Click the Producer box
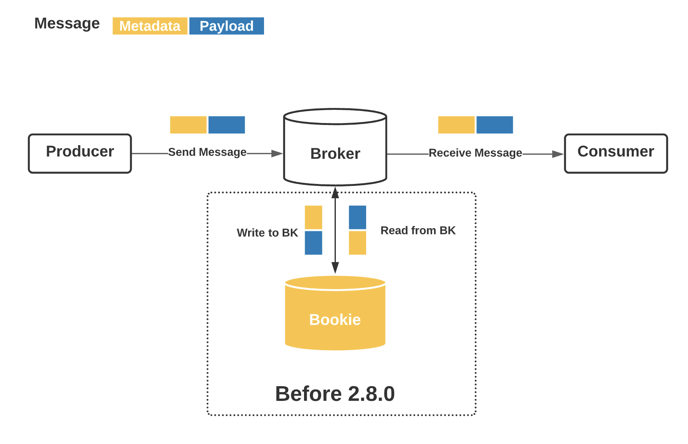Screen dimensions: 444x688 (80, 153)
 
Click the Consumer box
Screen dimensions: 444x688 (615, 153)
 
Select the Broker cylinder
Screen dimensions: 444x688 (335, 153)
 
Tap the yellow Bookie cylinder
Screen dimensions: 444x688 (335, 319)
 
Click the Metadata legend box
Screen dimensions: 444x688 (150, 26)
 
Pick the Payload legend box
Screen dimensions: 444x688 (226, 26)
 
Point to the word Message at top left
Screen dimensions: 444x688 (67, 23)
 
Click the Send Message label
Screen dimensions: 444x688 (207, 152)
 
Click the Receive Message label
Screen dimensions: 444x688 (475, 153)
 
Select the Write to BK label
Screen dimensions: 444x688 (267, 232)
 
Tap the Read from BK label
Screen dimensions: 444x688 (418, 230)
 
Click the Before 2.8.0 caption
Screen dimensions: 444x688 (335, 394)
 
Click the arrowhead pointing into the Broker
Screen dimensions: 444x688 (277, 154)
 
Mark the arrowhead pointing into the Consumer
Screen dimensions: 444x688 (558, 154)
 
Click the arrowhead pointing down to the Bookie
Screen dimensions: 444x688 (335, 268)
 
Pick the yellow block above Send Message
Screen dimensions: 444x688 (188, 125)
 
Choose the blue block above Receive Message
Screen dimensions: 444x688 (494, 125)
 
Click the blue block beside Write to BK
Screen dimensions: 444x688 (313, 243)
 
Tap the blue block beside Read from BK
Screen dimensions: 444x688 (357, 217)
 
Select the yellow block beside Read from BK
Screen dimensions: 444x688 (357, 243)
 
